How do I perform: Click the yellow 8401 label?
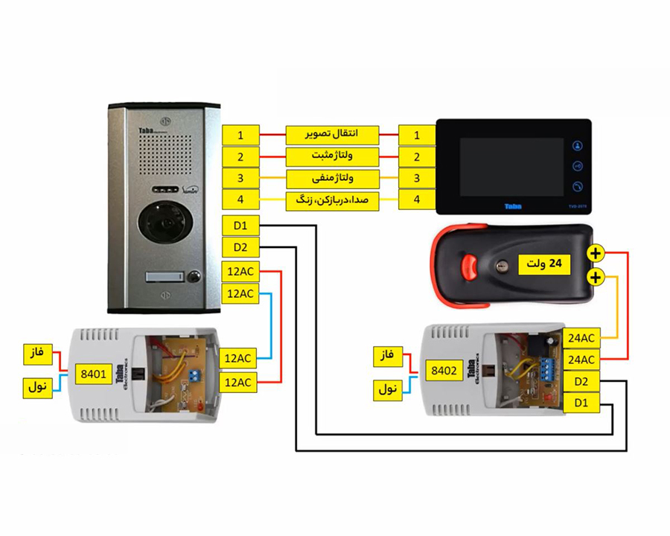pos(93,374)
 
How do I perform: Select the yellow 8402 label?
pos(444,371)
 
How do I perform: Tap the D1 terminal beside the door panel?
pos(240,226)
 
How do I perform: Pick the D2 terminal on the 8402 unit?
pos(581,381)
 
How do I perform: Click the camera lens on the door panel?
pos(166,223)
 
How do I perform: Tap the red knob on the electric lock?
pos(469,267)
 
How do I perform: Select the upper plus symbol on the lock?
pos(596,253)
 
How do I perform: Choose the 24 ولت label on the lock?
pos(544,264)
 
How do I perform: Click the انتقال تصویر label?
pos(332,135)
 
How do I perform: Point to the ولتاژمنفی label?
pos(332,179)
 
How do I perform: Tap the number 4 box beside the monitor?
pos(417,200)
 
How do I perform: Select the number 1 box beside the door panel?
pos(240,135)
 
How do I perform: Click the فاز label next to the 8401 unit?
pos(38,354)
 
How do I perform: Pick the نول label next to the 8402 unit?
pos(388,389)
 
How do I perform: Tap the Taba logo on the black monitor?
pos(513,207)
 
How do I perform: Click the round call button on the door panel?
pos(195,276)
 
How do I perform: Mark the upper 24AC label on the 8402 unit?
pos(581,338)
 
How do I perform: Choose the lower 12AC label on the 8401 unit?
pos(238,383)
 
